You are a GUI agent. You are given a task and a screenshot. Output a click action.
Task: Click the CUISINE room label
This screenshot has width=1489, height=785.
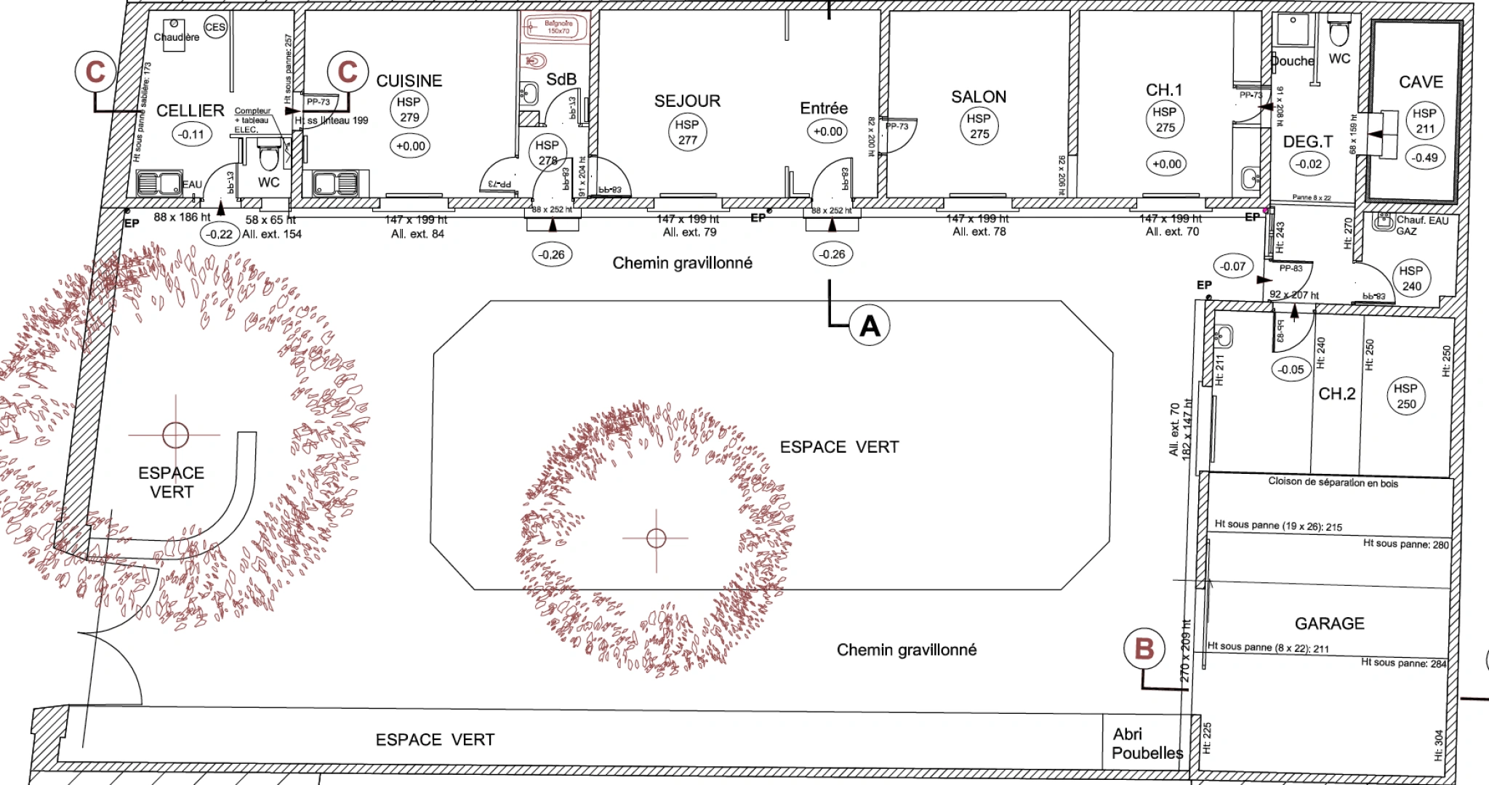[x=409, y=81]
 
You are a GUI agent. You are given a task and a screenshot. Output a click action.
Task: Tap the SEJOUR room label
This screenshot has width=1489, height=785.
[x=687, y=101]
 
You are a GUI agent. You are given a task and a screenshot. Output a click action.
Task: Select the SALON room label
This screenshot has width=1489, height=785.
[x=979, y=97]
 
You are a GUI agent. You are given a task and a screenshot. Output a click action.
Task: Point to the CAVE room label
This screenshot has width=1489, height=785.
[x=1421, y=82]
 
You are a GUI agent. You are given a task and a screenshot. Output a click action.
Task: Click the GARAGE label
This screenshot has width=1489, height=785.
[x=1329, y=624]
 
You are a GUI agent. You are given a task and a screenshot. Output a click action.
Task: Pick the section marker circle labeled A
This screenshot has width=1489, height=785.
[x=870, y=326]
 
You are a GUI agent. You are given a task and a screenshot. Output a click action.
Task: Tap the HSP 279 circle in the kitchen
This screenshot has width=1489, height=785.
[x=409, y=110]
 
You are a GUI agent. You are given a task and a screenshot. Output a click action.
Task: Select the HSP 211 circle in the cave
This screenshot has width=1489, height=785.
[x=1424, y=121]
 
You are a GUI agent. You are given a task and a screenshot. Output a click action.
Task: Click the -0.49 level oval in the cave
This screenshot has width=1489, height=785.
[x=1424, y=158]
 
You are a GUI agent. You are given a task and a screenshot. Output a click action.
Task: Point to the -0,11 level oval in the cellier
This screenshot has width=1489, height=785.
[x=192, y=134]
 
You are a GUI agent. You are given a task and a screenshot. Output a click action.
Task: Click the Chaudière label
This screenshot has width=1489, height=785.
[x=176, y=37]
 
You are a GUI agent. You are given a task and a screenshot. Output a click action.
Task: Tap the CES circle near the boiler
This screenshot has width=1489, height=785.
[x=215, y=28]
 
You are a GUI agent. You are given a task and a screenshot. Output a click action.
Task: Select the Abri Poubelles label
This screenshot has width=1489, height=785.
[x=1147, y=744]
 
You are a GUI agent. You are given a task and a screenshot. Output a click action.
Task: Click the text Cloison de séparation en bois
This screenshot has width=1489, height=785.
[x=1333, y=482]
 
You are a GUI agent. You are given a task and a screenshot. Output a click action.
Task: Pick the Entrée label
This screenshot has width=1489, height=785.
[x=824, y=108]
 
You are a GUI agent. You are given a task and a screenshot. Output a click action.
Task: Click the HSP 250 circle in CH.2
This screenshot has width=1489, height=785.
[x=1405, y=396]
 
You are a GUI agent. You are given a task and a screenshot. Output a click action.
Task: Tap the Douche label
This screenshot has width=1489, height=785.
[x=1293, y=61]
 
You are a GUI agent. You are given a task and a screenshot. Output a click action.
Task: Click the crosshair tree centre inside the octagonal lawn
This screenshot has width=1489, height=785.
[x=657, y=538]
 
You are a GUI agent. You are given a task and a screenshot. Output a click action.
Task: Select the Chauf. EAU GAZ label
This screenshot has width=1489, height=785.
[x=1421, y=225]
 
